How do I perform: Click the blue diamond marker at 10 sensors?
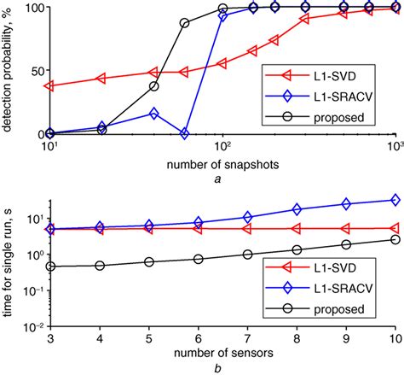[x=395, y=200]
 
